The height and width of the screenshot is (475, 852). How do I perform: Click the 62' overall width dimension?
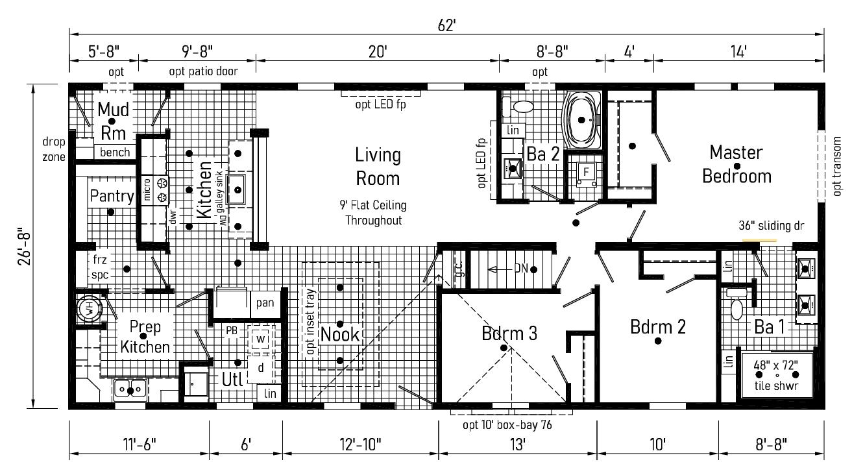pos(446,25)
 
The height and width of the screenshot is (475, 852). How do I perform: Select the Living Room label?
pos(378,167)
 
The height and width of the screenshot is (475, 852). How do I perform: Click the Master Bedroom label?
pos(736,164)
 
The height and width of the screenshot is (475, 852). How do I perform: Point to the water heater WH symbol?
pos(90,308)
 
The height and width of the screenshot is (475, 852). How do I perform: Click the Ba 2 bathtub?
pos(582,120)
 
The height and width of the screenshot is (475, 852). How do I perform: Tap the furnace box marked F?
pos(586,175)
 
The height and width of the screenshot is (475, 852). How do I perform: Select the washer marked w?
pos(261,339)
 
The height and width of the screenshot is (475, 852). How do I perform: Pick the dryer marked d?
pos(261,368)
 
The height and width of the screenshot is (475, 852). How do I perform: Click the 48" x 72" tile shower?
pos(776,375)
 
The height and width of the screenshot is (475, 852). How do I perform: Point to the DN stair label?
pos(521,269)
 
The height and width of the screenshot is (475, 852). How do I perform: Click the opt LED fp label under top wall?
pos(380,104)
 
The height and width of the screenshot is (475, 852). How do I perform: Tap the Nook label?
pos(339,335)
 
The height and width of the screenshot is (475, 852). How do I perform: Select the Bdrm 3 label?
pos(509,333)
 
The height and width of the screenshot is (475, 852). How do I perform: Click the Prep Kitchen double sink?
pos(130,389)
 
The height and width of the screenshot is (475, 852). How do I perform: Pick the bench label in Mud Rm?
pos(115,152)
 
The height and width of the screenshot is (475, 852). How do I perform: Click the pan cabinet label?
pos(265,303)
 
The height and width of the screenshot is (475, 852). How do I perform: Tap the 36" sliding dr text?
pos(772,226)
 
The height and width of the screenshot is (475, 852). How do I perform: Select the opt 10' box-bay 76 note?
pos(507,425)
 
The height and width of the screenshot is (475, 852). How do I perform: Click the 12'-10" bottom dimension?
pos(360,444)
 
